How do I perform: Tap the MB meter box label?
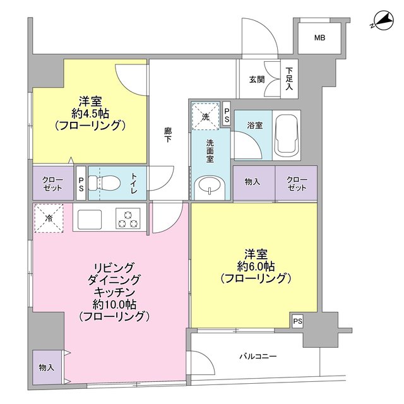[x=320, y=39]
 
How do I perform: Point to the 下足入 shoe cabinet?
[x=290, y=79]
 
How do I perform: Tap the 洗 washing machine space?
[x=206, y=116]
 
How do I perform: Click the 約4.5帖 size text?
[x=90, y=114]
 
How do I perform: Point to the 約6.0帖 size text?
[x=254, y=266]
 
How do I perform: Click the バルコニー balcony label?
[x=258, y=357]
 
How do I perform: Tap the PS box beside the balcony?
[x=297, y=321]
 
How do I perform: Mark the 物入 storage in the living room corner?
[x=47, y=367]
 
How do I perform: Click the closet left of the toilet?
[x=52, y=184]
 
